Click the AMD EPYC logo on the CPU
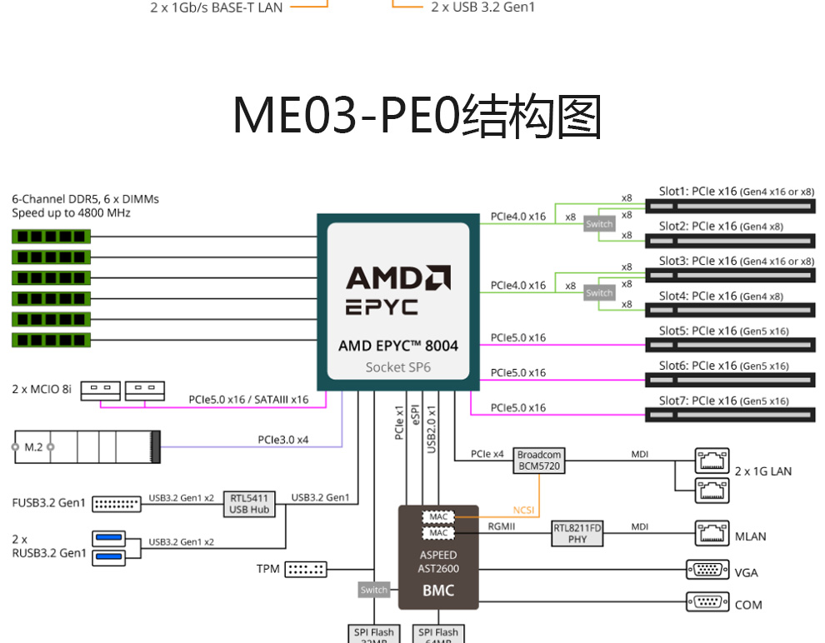click(397, 290)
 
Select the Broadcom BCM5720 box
click(539, 461)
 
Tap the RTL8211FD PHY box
click(577, 533)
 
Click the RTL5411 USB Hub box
click(249, 504)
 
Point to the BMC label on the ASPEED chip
click(438, 591)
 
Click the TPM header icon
click(306, 570)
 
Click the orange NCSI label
click(523, 510)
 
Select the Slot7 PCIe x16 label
click(723, 401)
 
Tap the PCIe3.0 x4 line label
click(282, 439)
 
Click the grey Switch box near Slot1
click(599, 224)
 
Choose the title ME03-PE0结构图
click(417, 116)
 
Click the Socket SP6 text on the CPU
click(397, 366)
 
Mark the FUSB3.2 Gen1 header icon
click(117, 504)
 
